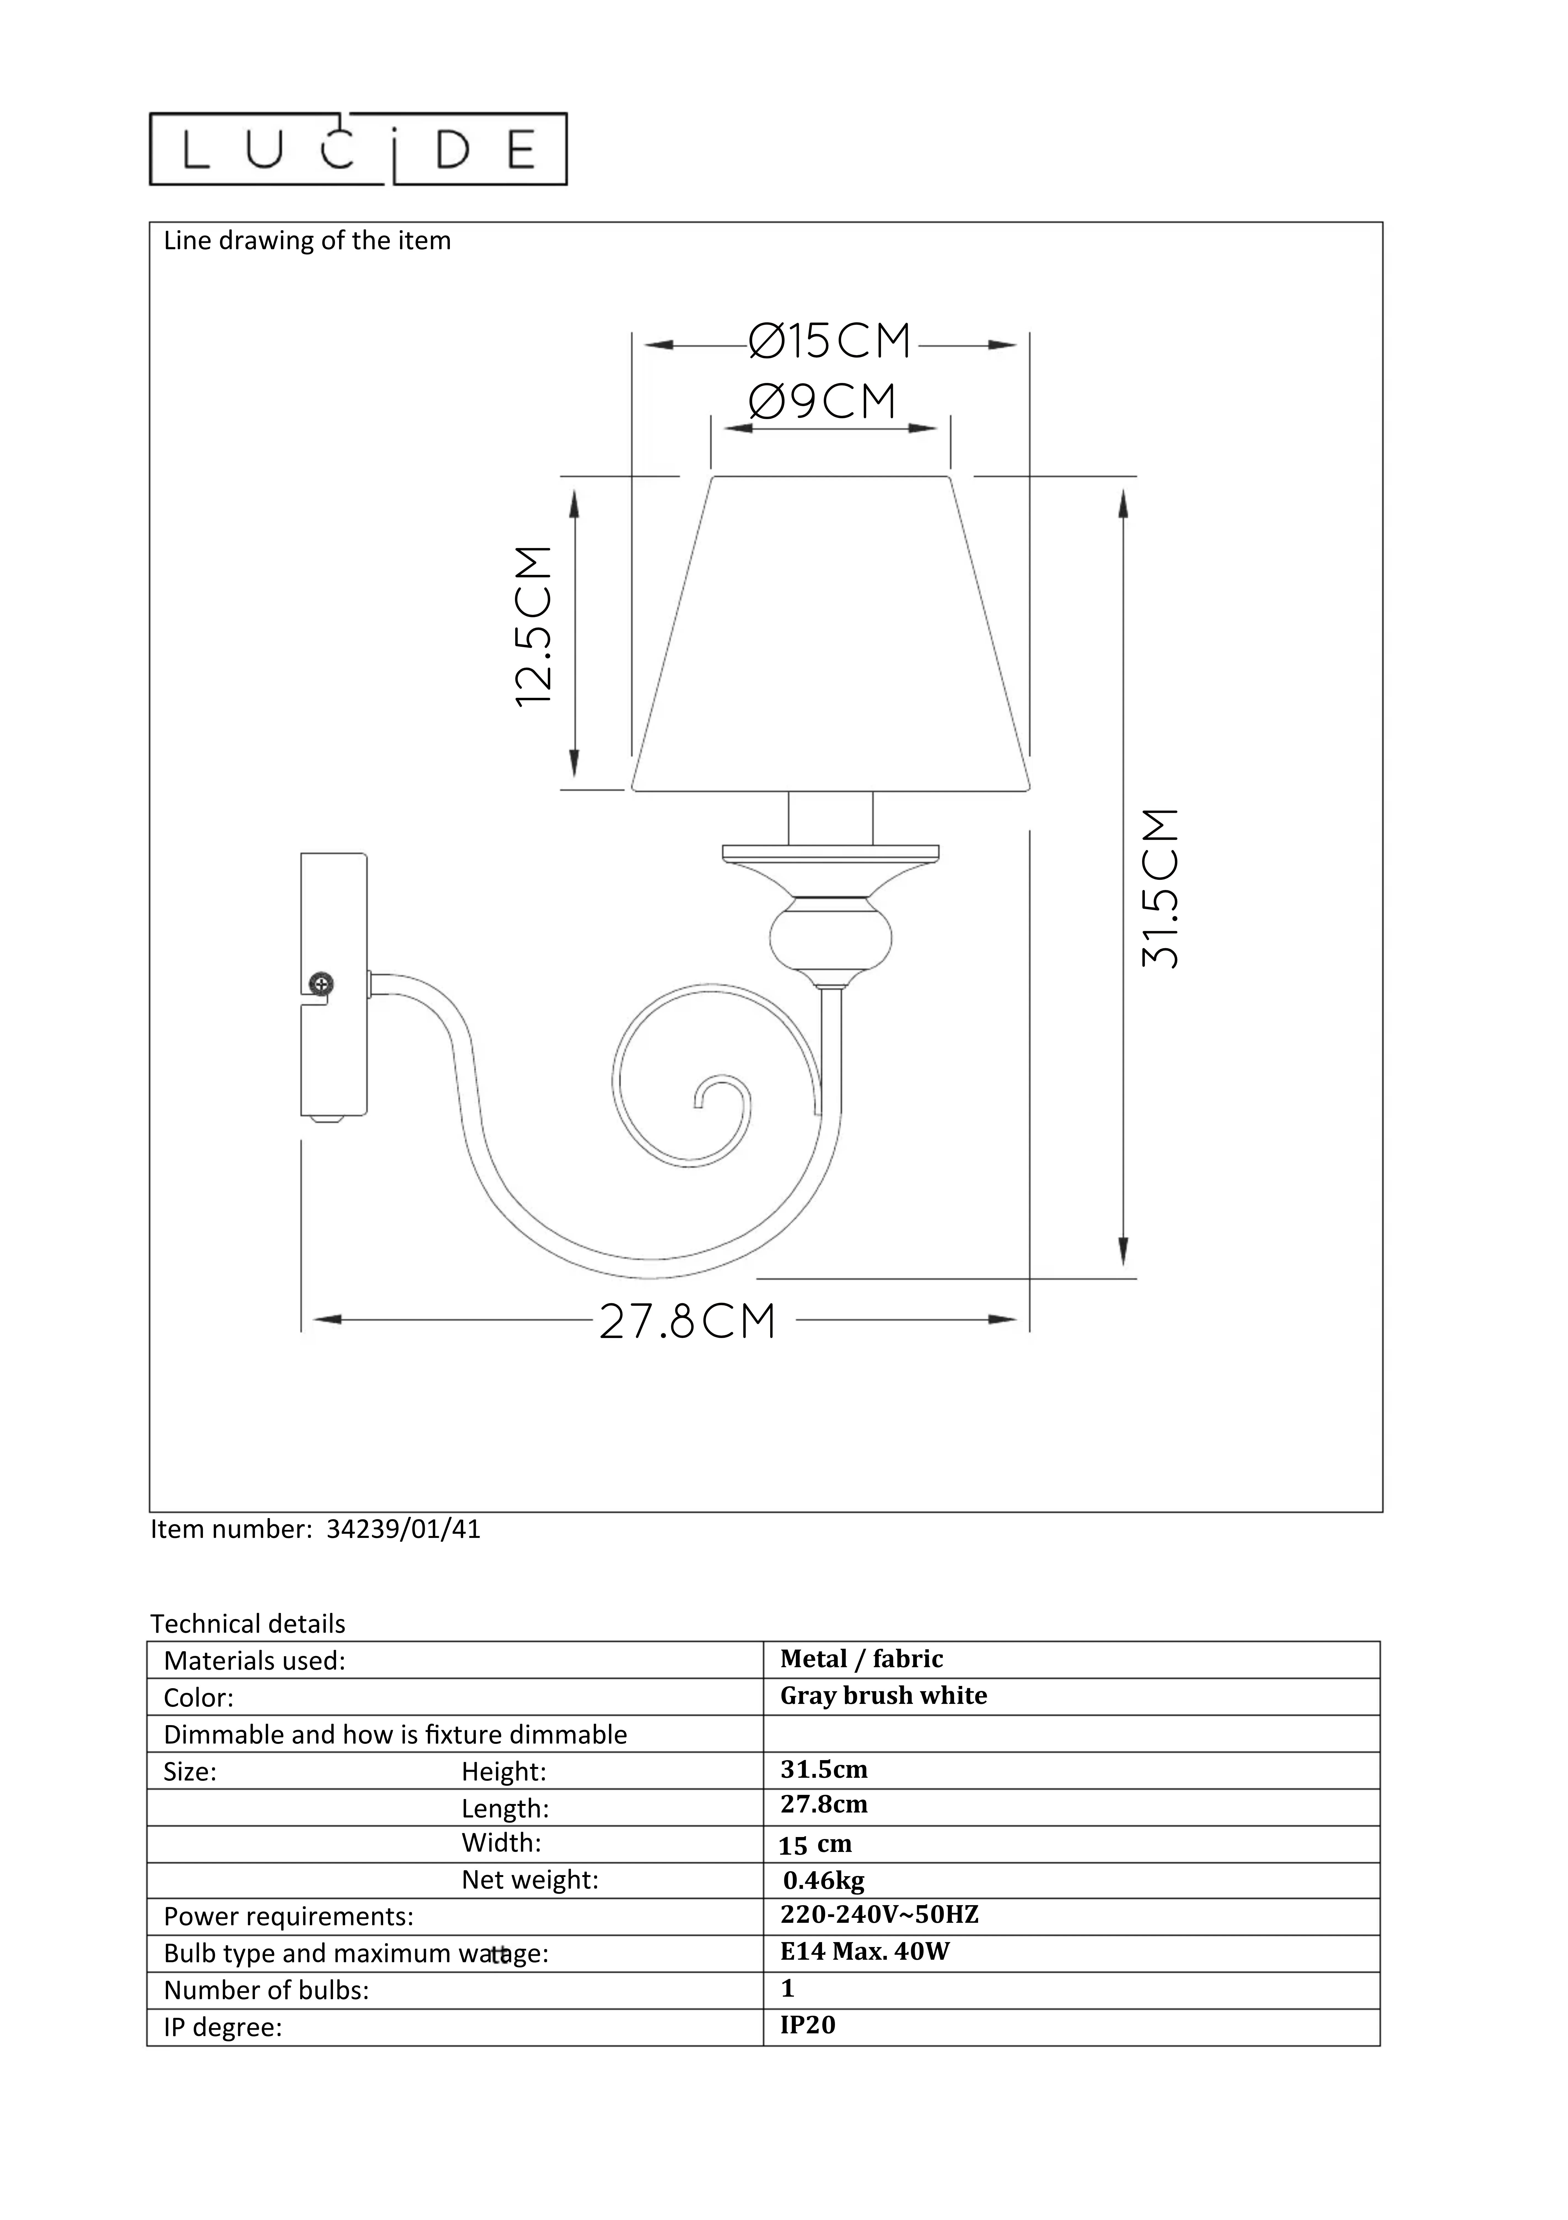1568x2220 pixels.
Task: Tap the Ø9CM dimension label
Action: click(823, 401)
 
